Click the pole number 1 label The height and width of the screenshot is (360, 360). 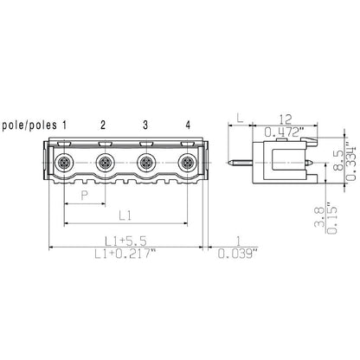point(64,125)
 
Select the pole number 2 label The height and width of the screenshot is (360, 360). point(104,125)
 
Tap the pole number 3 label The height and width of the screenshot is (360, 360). point(145,125)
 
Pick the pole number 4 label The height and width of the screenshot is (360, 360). point(187,125)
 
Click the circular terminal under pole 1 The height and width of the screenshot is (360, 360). point(63,162)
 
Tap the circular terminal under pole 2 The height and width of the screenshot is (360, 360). point(105,162)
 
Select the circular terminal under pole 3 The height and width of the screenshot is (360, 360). point(146,162)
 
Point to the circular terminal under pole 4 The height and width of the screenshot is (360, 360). point(187,162)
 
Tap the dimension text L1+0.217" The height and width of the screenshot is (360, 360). point(125,254)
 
